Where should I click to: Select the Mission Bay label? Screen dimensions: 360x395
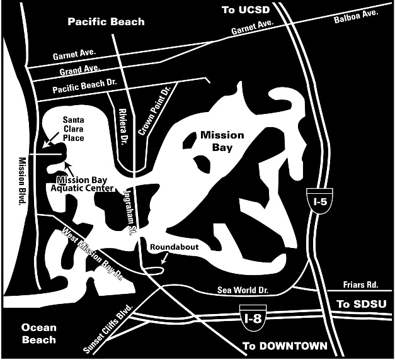(216, 142)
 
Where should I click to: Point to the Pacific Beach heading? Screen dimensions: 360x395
(106, 22)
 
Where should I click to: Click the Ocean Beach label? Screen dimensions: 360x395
(38, 334)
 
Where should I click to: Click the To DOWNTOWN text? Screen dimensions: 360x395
(285, 346)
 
